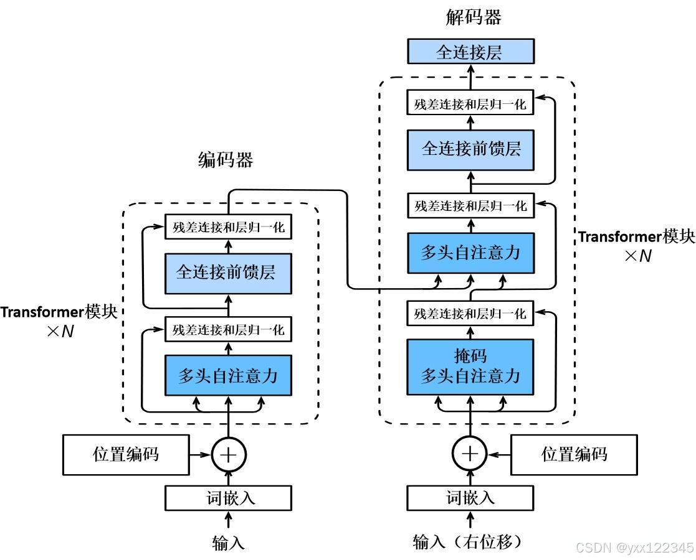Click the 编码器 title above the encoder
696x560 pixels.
pyautogui.click(x=226, y=161)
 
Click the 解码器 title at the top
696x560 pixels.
pyautogui.click(x=474, y=17)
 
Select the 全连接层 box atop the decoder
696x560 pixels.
pyautogui.click(x=470, y=52)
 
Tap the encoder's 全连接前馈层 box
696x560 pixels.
pyautogui.click(x=228, y=272)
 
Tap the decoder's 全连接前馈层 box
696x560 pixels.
pyautogui.click(x=470, y=149)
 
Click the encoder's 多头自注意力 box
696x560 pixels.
pyautogui.click(x=228, y=376)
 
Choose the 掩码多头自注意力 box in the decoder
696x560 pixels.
pyautogui.click(x=470, y=366)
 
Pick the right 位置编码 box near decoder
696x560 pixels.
pyautogui.click(x=574, y=454)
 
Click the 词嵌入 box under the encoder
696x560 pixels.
pyautogui.click(x=228, y=498)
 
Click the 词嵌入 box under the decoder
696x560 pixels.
pyautogui.click(x=470, y=498)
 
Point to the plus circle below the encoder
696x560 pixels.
pyautogui.click(x=229, y=455)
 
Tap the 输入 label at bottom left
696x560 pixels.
pyautogui.click(x=228, y=543)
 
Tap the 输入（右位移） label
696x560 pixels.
pyautogui.click(x=467, y=542)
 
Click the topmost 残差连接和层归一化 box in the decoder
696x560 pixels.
pyautogui.click(x=470, y=103)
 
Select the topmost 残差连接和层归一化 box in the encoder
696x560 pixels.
pyautogui.click(x=228, y=228)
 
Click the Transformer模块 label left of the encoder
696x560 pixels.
pyautogui.click(x=59, y=312)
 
